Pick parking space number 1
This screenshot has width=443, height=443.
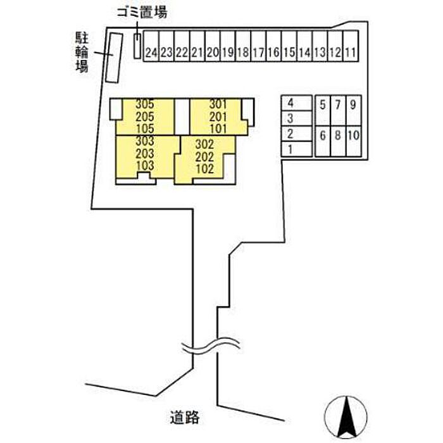click(290, 149)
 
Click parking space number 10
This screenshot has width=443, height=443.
click(353, 134)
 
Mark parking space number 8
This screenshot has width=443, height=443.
click(338, 134)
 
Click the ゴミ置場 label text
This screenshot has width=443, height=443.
click(142, 13)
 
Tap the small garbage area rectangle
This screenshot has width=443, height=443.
click(137, 47)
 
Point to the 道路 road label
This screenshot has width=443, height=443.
click(185, 417)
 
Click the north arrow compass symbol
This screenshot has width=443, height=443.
click(346, 417)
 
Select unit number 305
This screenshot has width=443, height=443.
click(145, 104)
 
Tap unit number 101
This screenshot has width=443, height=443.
click(217, 127)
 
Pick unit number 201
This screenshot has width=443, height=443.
click(217, 116)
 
